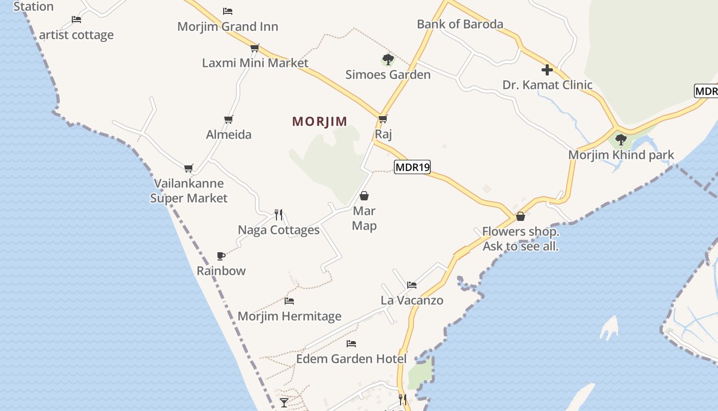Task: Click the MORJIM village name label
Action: pyautogui.click(x=320, y=121)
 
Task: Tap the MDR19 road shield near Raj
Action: pyautogui.click(x=412, y=167)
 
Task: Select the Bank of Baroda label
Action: pyautogui.click(x=460, y=24)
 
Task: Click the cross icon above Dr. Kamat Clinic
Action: pyautogui.click(x=547, y=70)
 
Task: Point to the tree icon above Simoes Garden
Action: pyautogui.click(x=388, y=60)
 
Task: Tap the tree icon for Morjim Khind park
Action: pyautogui.click(x=621, y=139)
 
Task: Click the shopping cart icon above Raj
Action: pyautogui.click(x=383, y=119)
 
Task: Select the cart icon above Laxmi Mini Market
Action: pyautogui.click(x=254, y=48)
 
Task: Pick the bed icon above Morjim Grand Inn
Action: pyautogui.click(x=228, y=11)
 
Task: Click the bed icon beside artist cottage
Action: pyautogui.click(x=76, y=20)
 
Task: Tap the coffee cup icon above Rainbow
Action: pyautogui.click(x=221, y=256)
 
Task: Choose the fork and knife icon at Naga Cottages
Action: pyautogui.click(x=278, y=214)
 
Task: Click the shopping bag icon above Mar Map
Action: pyautogui.click(x=364, y=196)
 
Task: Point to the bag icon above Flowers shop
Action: pyautogui.click(x=521, y=216)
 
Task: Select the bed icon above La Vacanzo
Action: pyautogui.click(x=412, y=285)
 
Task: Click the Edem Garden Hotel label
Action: pyautogui.click(x=351, y=359)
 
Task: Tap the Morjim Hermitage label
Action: pyautogui.click(x=289, y=316)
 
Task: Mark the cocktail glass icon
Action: pyautogui.click(x=284, y=402)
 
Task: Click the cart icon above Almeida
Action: pyautogui.click(x=229, y=120)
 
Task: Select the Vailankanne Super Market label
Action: pyautogui.click(x=189, y=191)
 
